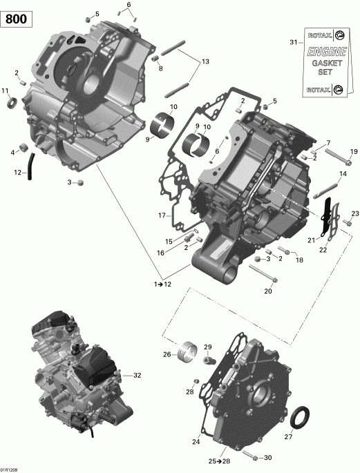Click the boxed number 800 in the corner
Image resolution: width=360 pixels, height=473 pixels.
pos(18,19)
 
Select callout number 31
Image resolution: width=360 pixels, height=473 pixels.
pos(292,43)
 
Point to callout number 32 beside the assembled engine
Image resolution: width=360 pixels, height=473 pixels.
pos(137,376)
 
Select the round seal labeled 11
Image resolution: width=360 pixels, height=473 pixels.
pos(11,103)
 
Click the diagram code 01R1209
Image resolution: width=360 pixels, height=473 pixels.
pos(11,467)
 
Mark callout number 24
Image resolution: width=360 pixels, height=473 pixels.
pos(196,441)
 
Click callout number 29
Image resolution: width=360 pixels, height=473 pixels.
pos(207,347)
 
